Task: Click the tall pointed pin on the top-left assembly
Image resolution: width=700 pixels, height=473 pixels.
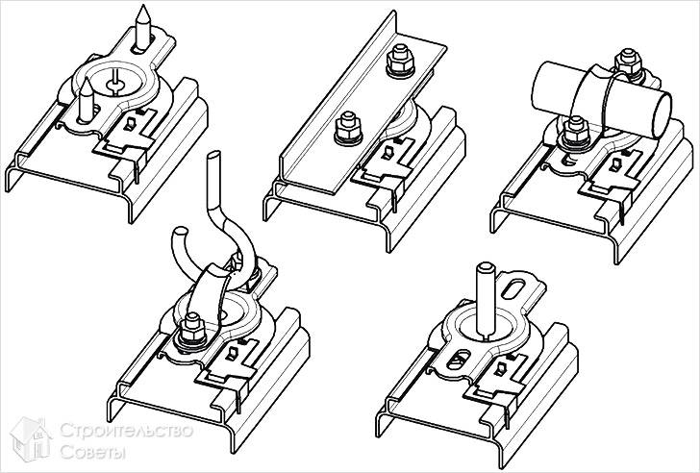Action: [x=143, y=27]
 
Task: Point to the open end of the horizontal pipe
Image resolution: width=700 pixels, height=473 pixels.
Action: [x=662, y=115]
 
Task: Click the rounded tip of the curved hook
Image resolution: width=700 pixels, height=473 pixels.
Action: [x=180, y=232]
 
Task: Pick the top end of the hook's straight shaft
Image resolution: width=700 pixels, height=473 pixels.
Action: [x=214, y=155]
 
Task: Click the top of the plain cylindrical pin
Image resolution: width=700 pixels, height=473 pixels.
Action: [x=485, y=267]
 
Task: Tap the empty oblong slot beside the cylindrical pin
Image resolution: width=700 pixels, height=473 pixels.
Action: [x=513, y=287]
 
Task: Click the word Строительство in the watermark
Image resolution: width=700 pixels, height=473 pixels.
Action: [x=126, y=431]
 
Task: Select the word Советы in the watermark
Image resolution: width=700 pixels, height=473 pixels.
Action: [x=93, y=452]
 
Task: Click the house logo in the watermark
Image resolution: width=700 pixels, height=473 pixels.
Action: [x=31, y=439]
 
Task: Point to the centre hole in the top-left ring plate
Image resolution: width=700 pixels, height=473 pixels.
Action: [x=115, y=84]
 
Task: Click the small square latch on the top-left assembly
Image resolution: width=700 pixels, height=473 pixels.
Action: [x=130, y=124]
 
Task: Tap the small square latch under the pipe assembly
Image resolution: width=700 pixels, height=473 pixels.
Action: [x=617, y=164]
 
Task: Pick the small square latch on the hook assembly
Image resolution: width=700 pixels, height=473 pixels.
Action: [x=233, y=353]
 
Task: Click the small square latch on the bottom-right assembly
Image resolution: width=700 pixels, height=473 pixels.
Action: [x=501, y=368]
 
